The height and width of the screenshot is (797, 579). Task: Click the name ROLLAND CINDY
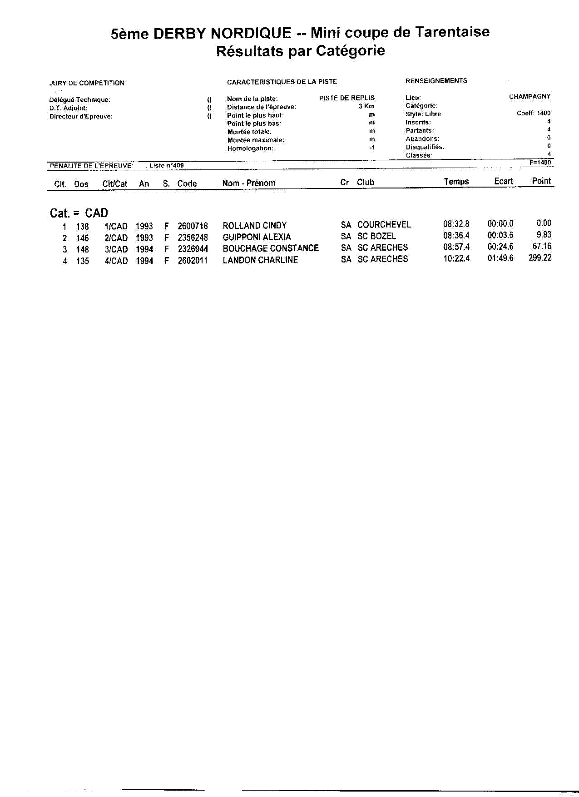pos(254,226)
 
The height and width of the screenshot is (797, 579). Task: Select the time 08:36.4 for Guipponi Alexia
pos(456,236)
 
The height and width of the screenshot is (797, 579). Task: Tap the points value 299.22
pos(540,258)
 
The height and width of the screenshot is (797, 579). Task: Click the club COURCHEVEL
pos(384,225)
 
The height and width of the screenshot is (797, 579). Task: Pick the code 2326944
pos(193,249)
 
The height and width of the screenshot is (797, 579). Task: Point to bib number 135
pos(83,261)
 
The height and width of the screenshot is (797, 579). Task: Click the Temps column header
pos(456,182)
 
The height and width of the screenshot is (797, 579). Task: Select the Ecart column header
pos(503,182)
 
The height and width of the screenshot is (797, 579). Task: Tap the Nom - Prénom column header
pos(248,183)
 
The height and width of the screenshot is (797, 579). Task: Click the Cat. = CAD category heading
pos(79,213)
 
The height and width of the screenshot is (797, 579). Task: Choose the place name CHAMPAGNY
pos(530,97)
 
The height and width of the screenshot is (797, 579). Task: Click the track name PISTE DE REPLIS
pos(346,98)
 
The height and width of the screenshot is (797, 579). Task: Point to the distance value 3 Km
pos(366,106)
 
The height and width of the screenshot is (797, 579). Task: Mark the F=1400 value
pos(540,163)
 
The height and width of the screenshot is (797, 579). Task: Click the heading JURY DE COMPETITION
pos(87,83)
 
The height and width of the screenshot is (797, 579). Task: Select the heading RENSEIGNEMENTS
pos(436,81)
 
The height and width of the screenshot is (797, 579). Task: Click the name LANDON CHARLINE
pos(260,260)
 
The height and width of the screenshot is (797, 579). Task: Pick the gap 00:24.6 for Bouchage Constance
pos(500,247)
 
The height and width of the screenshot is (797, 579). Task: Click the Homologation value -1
pos(372,148)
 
